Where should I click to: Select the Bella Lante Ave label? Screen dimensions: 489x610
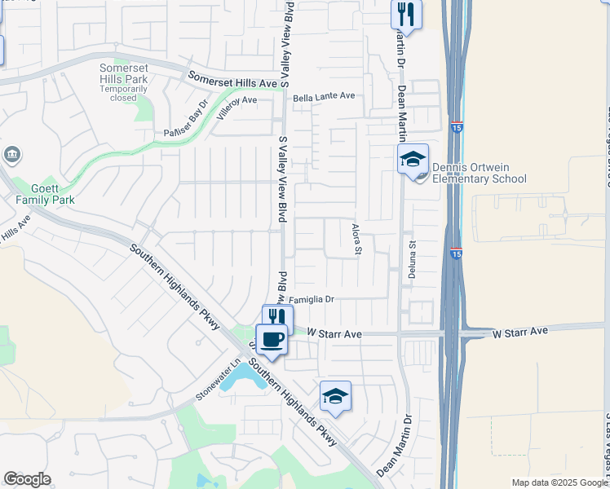(324, 96)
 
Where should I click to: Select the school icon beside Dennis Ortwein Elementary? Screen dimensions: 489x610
(413, 159)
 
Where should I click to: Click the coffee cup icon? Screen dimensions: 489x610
(272, 338)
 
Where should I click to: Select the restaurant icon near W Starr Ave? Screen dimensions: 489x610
(277, 319)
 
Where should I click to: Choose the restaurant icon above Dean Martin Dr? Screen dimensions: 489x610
(405, 14)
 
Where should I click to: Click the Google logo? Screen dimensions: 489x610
(27, 479)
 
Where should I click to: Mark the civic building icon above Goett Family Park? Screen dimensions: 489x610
(12, 154)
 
